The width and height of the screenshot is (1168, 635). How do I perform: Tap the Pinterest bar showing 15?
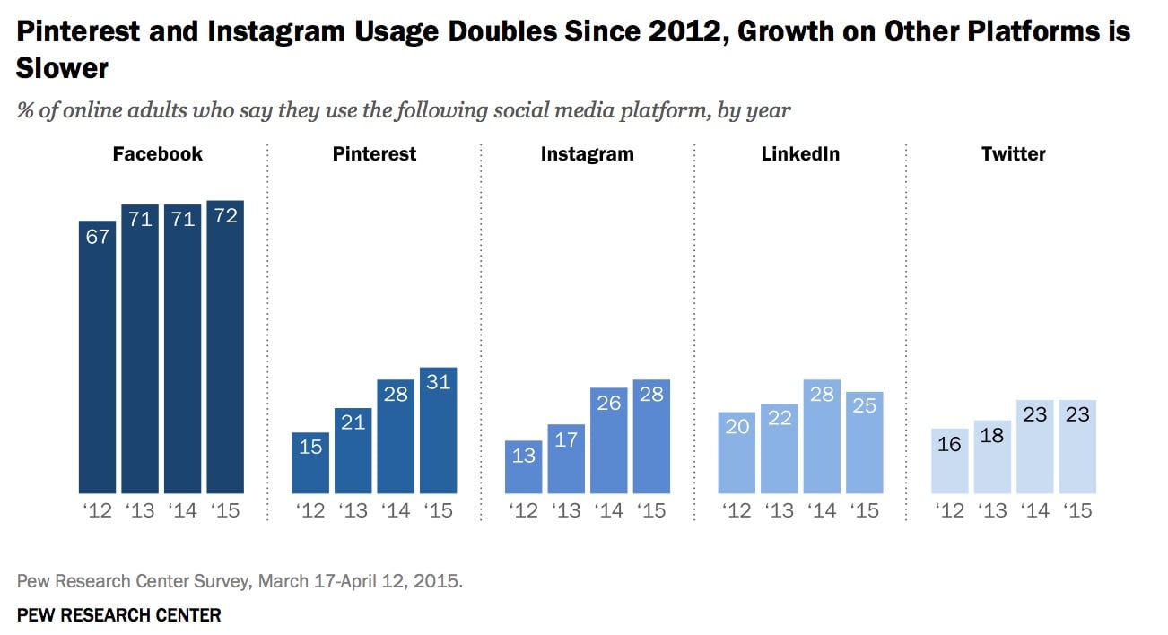click(310, 463)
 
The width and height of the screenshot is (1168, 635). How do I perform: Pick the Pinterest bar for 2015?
click(439, 431)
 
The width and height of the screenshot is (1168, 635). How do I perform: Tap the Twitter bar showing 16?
click(950, 461)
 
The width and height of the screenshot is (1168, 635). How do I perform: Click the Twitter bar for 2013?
click(992, 457)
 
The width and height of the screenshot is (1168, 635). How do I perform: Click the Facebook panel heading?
click(158, 153)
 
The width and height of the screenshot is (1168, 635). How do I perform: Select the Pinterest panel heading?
click(374, 153)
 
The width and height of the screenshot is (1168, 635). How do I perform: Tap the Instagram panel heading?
click(587, 153)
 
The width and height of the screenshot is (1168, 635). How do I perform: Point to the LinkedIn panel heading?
click(800, 153)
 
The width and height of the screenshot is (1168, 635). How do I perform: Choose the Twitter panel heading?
click(1013, 153)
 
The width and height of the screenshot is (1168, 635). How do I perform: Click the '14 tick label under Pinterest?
click(396, 510)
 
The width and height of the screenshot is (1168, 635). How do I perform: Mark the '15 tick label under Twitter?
click(1077, 510)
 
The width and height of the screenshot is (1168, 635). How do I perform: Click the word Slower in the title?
click(62, 67)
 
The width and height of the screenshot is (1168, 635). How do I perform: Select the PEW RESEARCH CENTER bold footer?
click(118, 615)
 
